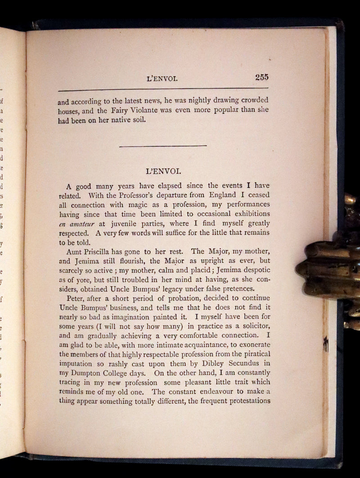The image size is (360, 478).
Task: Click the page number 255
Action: (261, 77)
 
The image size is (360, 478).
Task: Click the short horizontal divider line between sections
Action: (163, 145)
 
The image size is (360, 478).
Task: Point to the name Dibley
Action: (211, 364)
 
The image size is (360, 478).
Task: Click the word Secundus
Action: (246, 364)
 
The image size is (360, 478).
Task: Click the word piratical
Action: (253, 354)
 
